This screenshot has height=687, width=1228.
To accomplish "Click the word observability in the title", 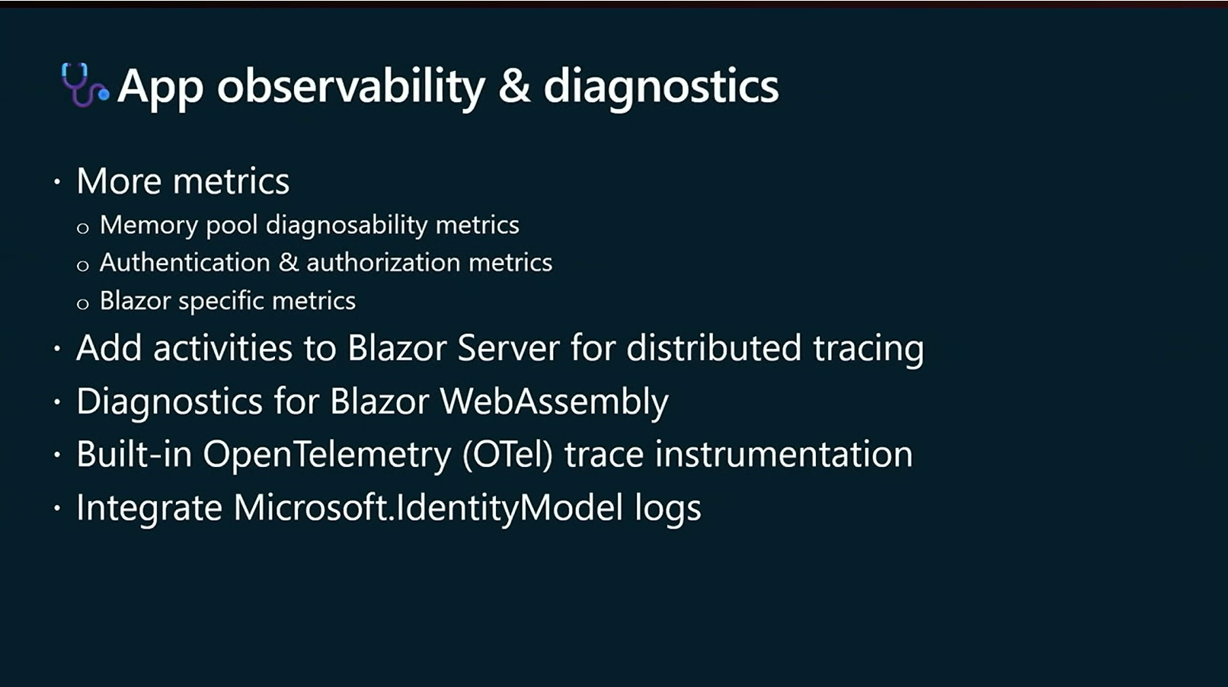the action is [x=351, y=87].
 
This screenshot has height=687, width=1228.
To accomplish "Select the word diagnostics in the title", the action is [x=661, y=87].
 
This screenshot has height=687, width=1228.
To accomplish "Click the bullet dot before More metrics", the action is [x=57, y=181].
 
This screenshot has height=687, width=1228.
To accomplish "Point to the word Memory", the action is [x=149, y=225].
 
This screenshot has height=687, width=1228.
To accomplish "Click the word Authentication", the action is [x=185, y=262].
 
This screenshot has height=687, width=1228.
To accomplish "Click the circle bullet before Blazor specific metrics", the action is [x=83, y=303].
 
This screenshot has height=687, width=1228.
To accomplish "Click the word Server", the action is [x=508, y=348].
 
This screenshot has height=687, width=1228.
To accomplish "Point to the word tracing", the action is [x=868, y=350].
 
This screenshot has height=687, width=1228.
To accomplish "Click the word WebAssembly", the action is [x=555, y=402].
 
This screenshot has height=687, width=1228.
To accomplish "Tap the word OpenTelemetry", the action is [x=327, y=455].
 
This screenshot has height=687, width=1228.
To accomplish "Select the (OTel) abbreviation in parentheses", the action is [x=507, y=455].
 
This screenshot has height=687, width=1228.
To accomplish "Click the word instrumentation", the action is [x=784, y=455].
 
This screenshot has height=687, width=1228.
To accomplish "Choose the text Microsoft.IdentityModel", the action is [x=428, y=508].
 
